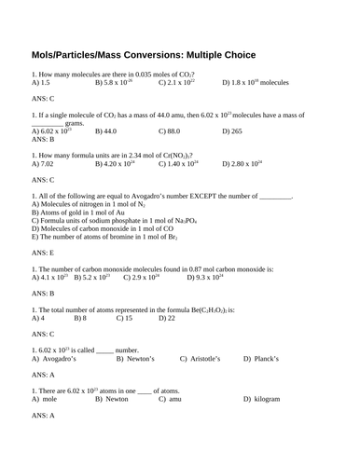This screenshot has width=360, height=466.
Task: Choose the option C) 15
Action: point(124,318)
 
